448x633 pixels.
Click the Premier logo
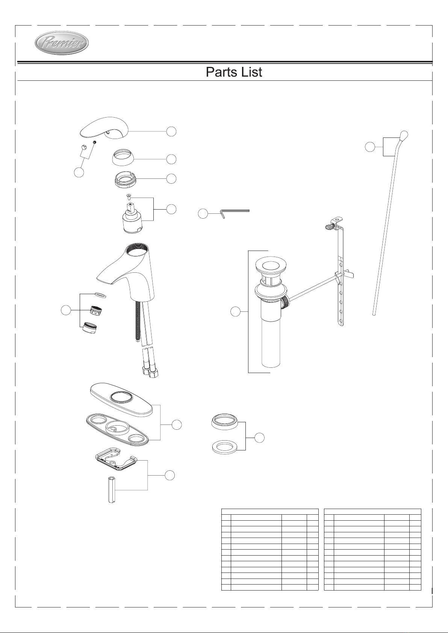[61, 43]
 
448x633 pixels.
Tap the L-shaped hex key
[235, 213]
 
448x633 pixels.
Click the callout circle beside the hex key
[203, 214]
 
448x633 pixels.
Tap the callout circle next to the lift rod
[370, 147]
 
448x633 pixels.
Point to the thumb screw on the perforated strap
[329, 226]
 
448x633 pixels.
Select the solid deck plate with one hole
[121, 399]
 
